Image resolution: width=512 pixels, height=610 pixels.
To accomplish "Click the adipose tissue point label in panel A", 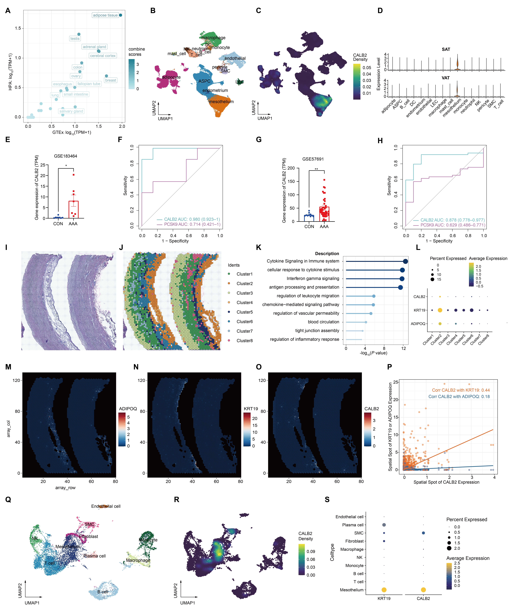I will (105, 15).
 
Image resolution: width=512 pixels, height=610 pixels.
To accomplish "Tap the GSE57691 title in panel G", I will (313, 159).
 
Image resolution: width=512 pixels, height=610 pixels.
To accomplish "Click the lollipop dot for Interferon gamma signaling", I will (402, 279).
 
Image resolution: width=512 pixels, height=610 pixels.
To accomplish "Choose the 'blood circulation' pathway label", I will (323, 322).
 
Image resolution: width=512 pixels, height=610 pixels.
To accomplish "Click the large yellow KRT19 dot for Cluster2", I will (440, 310).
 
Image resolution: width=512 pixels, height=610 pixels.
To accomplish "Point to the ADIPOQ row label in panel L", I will (418, 324).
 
